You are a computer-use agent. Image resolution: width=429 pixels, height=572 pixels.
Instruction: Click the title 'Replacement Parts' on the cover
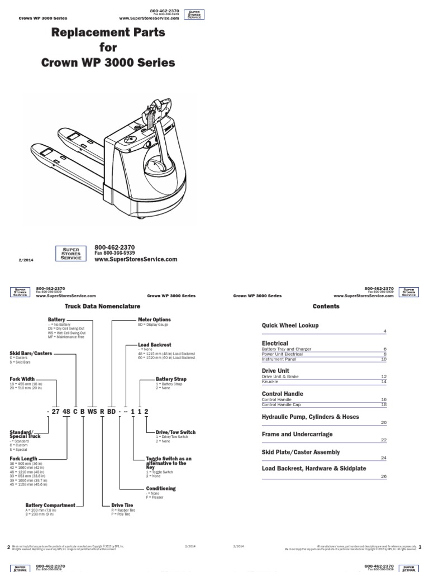[108, 33]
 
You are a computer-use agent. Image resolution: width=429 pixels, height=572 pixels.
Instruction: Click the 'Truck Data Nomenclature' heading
[102, 307]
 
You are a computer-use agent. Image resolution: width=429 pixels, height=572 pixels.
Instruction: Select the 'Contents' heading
[326, 306]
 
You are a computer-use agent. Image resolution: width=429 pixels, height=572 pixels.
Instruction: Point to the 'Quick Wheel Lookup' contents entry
[290, 325]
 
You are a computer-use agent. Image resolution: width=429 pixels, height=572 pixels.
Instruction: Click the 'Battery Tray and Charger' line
[287, 349]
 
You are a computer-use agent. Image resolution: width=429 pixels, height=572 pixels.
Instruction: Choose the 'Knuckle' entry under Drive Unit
[271, 382]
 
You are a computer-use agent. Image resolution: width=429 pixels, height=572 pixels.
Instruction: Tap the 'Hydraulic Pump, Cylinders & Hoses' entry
[311, 417]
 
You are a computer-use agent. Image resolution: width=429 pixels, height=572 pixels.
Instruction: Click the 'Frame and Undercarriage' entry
[297, 434]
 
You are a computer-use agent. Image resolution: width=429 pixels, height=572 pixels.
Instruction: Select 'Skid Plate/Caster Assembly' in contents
[301, 452]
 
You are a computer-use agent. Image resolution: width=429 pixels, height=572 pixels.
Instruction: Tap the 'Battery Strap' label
[171, 379]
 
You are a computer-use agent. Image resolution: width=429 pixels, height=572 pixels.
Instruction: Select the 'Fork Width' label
[23, 379]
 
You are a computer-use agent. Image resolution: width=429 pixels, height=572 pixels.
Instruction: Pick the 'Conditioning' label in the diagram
[161, 488]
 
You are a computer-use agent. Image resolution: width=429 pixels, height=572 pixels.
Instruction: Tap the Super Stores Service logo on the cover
[70, 253]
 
